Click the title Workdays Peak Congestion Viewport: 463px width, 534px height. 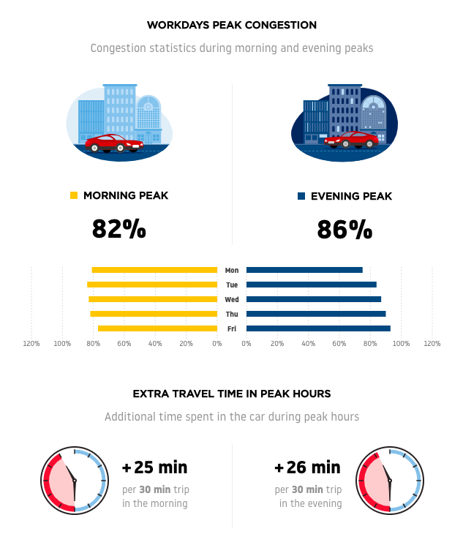[231, 25]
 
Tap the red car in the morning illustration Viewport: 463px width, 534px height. [113, 143]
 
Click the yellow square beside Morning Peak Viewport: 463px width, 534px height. [73, 195]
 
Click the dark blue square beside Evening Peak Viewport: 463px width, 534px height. [301, 196]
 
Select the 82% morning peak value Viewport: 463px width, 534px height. [118, 229]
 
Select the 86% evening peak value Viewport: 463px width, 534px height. [345, 229]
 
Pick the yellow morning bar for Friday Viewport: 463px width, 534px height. [157, 328]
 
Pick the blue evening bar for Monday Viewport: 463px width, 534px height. [304, 270]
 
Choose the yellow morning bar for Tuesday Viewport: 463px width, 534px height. [152, 285]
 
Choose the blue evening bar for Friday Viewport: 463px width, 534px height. [318, 328]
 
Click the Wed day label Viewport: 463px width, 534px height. [232, 299]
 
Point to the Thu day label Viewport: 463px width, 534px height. [232, 314]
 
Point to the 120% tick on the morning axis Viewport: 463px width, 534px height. [31, 343]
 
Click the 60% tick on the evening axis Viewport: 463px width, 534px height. [339, 343]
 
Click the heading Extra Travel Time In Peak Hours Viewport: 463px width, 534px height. [231, 394]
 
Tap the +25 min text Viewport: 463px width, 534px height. [154, 467]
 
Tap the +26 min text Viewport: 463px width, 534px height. [307, 467]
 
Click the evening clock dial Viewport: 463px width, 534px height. [389, 480]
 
